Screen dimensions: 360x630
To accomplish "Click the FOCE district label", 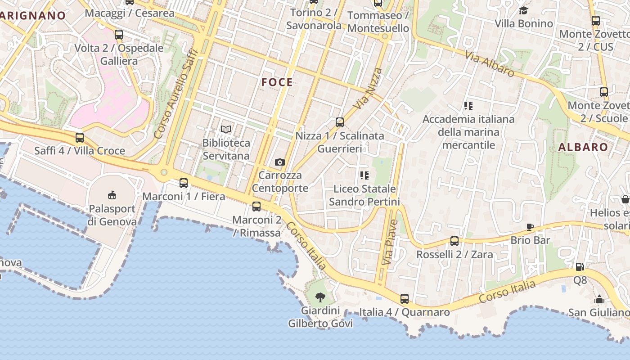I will click(277, 82).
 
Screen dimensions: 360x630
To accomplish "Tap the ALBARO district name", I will click(583, 147).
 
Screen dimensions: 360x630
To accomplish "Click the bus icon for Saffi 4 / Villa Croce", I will click(80, 138).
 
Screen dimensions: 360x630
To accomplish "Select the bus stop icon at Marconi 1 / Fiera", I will click(184, 183).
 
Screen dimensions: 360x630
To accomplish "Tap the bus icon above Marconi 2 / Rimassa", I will click(256, 207).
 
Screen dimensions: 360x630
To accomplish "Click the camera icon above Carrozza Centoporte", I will click(279, 162).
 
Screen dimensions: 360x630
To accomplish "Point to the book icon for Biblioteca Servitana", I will click(226, 130).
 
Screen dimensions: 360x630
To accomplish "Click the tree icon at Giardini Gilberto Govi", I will click(320, 297).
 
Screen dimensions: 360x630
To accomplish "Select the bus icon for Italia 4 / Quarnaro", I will click(405, 298).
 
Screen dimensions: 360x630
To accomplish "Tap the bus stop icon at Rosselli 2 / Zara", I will click(454, 241).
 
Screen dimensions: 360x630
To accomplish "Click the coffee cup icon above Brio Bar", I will click(530, 227).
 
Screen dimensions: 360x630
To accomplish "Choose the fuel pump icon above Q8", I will click(580, 267).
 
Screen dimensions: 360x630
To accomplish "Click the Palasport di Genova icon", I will click(112, 195).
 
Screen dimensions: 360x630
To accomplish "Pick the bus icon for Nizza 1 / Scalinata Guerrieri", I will click(340, 122).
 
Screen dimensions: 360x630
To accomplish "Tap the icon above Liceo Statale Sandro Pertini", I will click(364, 175).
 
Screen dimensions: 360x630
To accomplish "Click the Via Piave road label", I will click(390, 242).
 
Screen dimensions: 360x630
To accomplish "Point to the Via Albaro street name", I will click(490, 64).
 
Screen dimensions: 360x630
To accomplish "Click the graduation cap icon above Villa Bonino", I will click(523, 10).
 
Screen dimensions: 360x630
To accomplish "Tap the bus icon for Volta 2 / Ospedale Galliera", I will click(119, 35).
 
